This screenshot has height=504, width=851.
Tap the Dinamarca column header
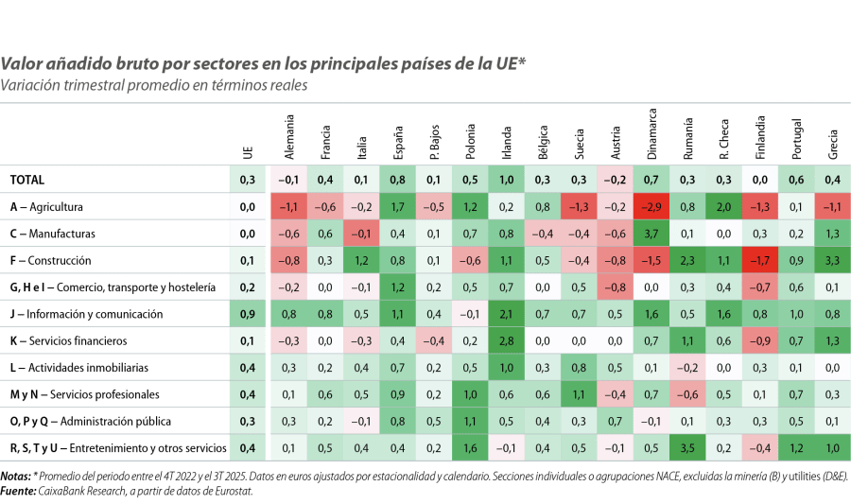pos(651,136)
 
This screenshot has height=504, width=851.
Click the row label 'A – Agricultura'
pos(47,206)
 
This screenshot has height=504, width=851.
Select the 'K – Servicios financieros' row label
pos(67,340)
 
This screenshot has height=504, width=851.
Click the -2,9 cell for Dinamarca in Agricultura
pos(651,206)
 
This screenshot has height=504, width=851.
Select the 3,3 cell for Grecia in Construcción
pos(832,260)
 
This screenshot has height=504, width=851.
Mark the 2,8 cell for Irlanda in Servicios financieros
pos(507,340)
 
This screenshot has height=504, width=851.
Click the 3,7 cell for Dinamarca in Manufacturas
pos(651,234)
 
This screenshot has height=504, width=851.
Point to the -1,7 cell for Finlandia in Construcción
pos(760,260)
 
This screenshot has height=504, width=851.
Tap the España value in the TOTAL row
pos(398,180)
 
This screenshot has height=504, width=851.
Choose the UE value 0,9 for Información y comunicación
pos(248,314)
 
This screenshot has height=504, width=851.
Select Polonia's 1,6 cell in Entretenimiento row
pos(470,447)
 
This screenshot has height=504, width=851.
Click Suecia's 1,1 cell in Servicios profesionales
pos(579,394)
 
